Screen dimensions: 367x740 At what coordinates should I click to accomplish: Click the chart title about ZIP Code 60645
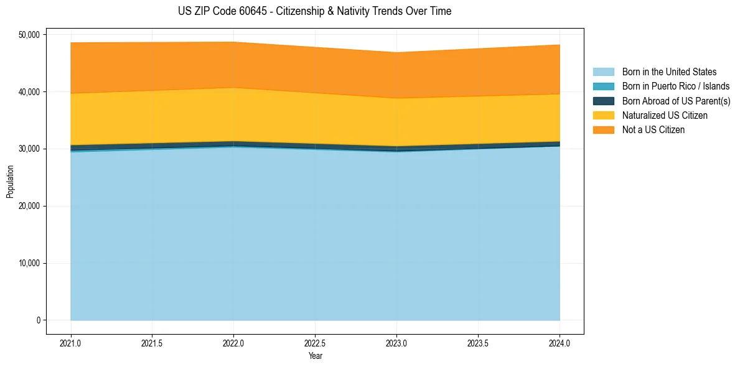point(314,11)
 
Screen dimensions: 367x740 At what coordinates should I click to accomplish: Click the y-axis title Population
point(10,181)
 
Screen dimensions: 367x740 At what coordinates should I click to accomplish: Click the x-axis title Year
point(315,356)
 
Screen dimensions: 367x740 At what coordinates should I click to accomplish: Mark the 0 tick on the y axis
point(38,320)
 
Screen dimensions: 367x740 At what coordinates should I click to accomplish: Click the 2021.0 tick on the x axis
point(71,343)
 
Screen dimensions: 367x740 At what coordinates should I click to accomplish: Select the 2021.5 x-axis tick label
point(152,343)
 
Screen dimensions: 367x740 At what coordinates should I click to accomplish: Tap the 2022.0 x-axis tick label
point(233,343)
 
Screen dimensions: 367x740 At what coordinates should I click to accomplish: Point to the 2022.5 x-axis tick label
point(315,343)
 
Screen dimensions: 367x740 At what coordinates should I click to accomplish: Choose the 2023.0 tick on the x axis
point(396,343)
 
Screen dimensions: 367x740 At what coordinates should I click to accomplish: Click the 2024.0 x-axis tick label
point(560,343)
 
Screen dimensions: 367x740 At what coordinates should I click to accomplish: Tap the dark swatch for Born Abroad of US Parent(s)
point(603,101)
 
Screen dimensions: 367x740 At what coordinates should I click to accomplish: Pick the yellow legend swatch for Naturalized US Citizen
point(603,116)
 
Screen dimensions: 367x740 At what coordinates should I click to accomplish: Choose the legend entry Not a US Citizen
point(653,130)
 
